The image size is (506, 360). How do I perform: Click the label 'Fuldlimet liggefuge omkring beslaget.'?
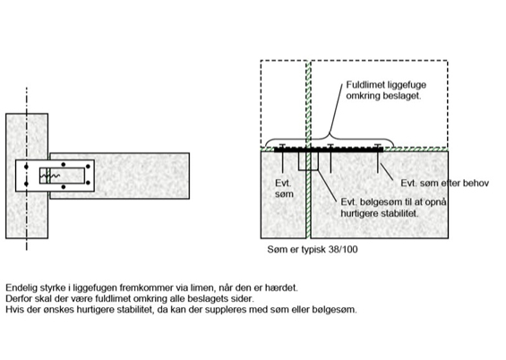pyautogui.click(x=386, y=90)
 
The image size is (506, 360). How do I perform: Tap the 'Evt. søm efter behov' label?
pyautogui.click(x=445, y=184)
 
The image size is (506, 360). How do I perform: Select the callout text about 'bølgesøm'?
pyautogui.click(x=393, y=208)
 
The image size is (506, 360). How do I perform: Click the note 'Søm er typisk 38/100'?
pyautogui.click(x=313, y=249)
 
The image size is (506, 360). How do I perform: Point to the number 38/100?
pyautogui.click(x=343, y=249)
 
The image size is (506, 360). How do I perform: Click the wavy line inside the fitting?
pyautogui.click(x=50, y=176)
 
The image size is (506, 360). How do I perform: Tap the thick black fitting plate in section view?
pyautogui.click(x=329, y=150)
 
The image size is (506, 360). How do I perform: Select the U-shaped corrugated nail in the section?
pyautogui.click(x=308, y=161)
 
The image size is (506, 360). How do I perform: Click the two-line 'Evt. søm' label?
pyautogui.click(x=284, y=189)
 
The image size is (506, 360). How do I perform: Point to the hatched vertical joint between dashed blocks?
pyautogui.click(x=308, y=103)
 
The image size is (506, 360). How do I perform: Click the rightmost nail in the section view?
pyautogui.click(x=378, y=159)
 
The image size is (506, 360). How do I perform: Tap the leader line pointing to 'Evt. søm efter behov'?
pyautogui.click(x=387, y=172)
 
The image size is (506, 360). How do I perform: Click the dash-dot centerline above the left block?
pyautogui.click(x=27, y=100)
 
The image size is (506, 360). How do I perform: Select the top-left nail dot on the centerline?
pyautogui.click(x=26, y=167)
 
